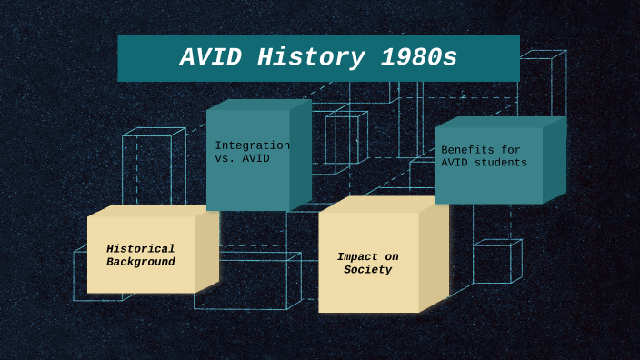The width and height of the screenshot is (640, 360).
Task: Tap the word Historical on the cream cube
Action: coord(140,249)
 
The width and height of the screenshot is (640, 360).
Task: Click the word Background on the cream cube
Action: coord(140,262)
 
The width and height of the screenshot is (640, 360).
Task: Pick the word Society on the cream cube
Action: coord(367,270)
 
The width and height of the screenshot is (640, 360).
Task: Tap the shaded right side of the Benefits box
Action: coord(554,161)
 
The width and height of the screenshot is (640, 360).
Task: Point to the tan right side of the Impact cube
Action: coord(434,256)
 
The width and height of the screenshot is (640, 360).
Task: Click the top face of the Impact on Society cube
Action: coord(382,205)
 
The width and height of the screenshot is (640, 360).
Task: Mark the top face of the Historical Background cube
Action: coord(150,211)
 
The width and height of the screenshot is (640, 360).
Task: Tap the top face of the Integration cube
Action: coord(258,105)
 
